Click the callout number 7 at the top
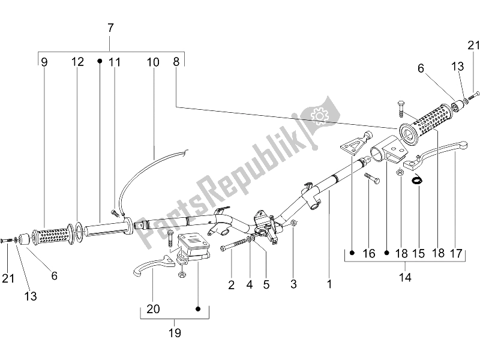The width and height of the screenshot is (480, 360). coord(110,28)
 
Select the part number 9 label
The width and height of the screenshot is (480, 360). coord(44,61)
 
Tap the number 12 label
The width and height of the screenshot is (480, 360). coord(78,61)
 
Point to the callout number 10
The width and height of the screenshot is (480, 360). coord(152,61)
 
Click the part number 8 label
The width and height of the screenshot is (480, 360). coord(176,61)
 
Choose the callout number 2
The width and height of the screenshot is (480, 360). coord(231,286)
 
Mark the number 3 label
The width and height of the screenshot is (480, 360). coord(293,286)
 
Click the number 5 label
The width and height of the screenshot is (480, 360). coord(266,286)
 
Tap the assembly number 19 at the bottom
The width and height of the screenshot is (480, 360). coord(175,332)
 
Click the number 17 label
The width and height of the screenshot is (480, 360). coord(456,253)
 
